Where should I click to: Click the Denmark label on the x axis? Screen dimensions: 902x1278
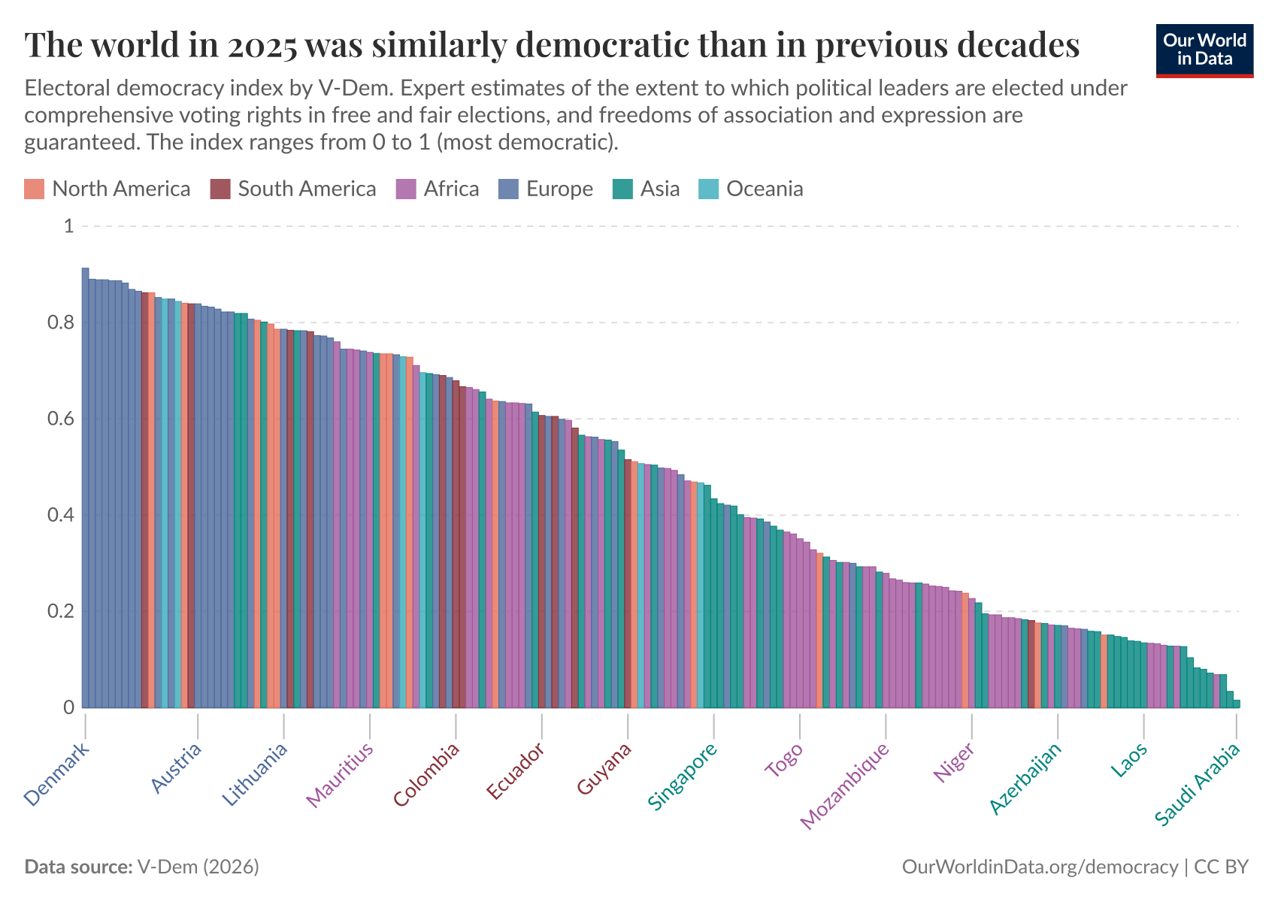click(57, 774)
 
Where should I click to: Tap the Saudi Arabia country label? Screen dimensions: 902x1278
click(1197, 785)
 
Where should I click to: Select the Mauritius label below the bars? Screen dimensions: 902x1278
click(340, 775)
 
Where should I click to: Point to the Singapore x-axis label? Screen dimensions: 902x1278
click(683, 776)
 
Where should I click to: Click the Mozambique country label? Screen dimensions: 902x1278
click(845, 785)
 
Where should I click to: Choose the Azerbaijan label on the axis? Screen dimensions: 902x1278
click(1025, 779)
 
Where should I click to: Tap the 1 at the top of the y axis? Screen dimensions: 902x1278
click(68, 226)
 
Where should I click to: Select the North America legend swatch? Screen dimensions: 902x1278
click(35, 189)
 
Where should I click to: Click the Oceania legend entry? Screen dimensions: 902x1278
click(765, 189)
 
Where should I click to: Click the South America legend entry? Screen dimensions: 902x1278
click(307, 189)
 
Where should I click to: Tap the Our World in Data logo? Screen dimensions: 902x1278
click(1204, 50)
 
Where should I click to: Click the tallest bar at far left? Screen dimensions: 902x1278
click(86, 489)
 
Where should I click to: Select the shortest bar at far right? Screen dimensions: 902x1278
click(1237, 704)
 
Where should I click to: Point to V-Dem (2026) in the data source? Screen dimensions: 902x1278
click(198, 867)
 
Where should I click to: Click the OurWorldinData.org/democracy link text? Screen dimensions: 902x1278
click(1040, 867)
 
